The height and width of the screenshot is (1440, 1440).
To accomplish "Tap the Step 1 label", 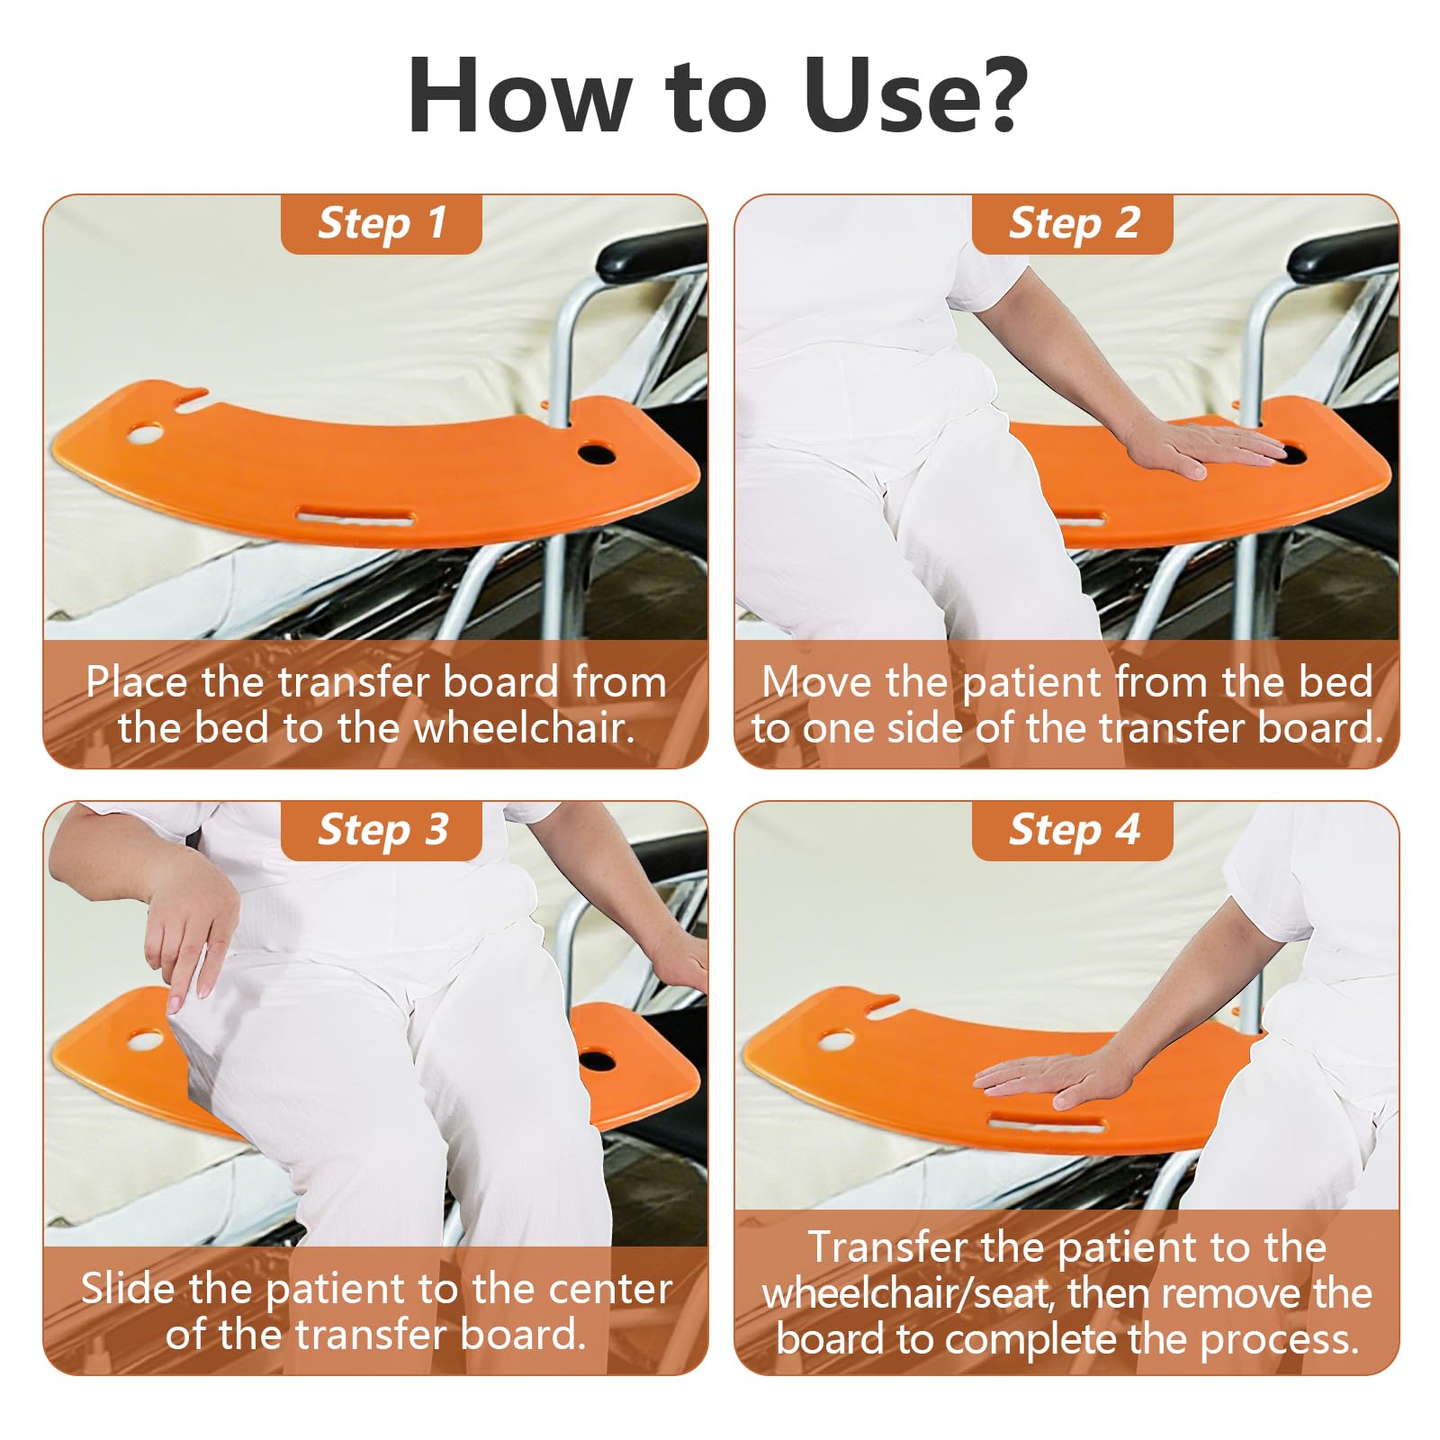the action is tap(382, 223).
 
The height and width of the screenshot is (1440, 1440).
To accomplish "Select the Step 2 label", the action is tap(1073, 223).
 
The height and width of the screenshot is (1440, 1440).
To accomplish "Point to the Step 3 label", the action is tap(382, 830).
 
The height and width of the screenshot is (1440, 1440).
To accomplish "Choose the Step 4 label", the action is tap(1073, 830).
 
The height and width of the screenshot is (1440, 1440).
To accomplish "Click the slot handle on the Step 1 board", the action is tap(355, 517).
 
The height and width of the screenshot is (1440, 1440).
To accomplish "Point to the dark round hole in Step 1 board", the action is tap(597, 452).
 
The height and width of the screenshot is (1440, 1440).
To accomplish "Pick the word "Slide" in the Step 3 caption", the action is tap(129, 1289).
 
